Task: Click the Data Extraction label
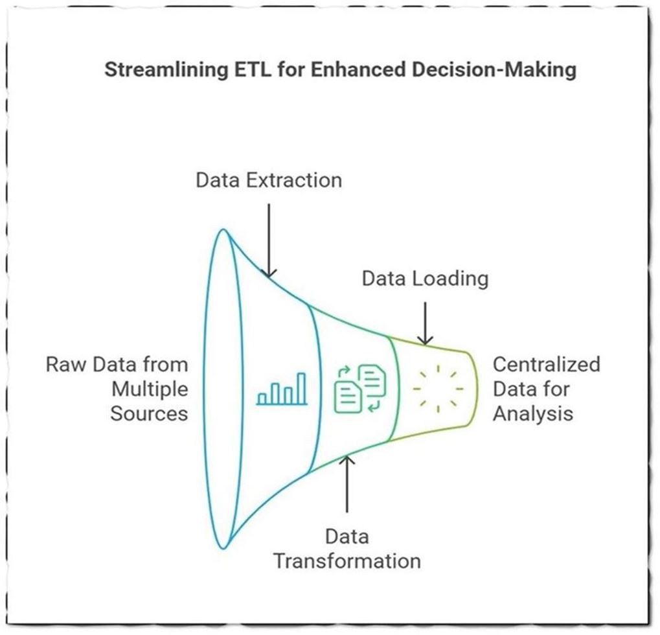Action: [x=269, y=179]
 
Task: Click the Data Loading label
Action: [x=424, y=279]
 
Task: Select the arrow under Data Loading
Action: [x=424, y=322]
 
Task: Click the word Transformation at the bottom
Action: [x=347, y=560]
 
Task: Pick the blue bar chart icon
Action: [x=282, y=389]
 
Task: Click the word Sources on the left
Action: [x=149, y=413]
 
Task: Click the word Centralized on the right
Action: [x=546, y=364]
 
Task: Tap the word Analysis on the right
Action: [x=532, y=413]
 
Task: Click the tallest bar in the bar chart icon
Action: [x=301, y=388]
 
